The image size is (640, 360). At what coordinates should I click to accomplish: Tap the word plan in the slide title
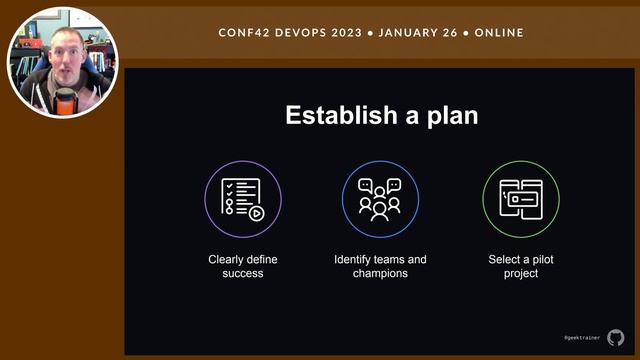[450, 115]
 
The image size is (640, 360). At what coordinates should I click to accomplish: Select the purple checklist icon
[243, 198]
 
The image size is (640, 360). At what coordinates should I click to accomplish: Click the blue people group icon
[380, 198]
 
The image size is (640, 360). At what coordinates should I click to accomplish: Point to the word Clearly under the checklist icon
[227, 260]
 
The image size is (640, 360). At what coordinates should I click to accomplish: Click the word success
[243, 273]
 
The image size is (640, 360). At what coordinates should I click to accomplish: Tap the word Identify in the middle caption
[356, 260]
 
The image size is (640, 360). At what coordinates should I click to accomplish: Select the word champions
[380, 273]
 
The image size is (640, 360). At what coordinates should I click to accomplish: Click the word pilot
[537, 260]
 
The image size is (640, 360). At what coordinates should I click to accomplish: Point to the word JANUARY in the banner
[415, 32]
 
